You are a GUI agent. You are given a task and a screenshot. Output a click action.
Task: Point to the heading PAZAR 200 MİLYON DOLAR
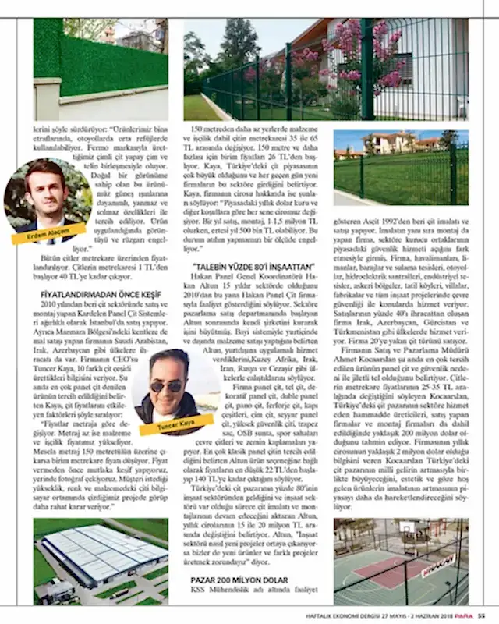point(239,579)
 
